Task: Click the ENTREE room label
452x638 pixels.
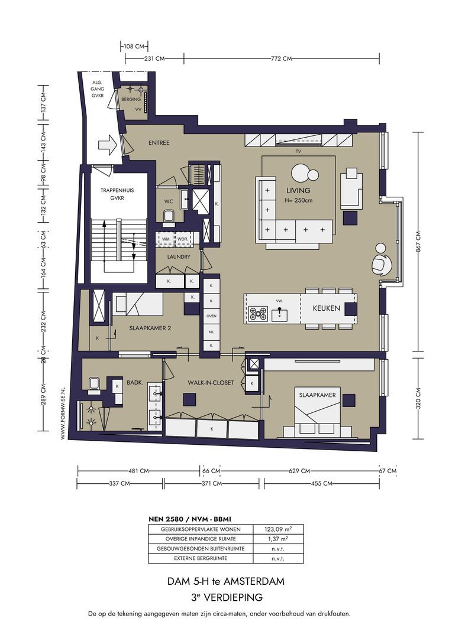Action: pyautogui.click(x=159, y=143)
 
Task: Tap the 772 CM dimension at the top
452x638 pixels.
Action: pyautogui.click(x=282, y=58)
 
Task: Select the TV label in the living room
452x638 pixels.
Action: pyautogui.click(x=298, y=151)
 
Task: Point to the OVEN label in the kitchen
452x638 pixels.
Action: pyautogui.click(x=211, y=315)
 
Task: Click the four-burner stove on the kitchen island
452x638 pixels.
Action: pyautogui.click(x=258, y=314)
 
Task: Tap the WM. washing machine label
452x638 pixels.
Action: pyautogui.click(x=166, y=239)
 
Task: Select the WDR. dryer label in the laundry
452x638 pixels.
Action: pyautogui.click(x=183, y=239)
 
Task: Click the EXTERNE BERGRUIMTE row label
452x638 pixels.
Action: pyautogui.click(x=201, y=558)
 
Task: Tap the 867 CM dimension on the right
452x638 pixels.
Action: pyautogui.click(x=418, y=241)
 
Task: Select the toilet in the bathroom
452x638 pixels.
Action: pyautogui.click(x=94, y=385)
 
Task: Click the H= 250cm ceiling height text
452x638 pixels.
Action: pyautogui.click(x=298, y=200)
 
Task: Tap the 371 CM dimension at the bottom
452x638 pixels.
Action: pyautogui.click(x=212, y=483)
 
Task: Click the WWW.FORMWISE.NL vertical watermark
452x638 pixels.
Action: pyautogui.click(x=63, y=413)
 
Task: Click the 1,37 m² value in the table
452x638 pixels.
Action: pyautogui.click(x=279, y=539)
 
